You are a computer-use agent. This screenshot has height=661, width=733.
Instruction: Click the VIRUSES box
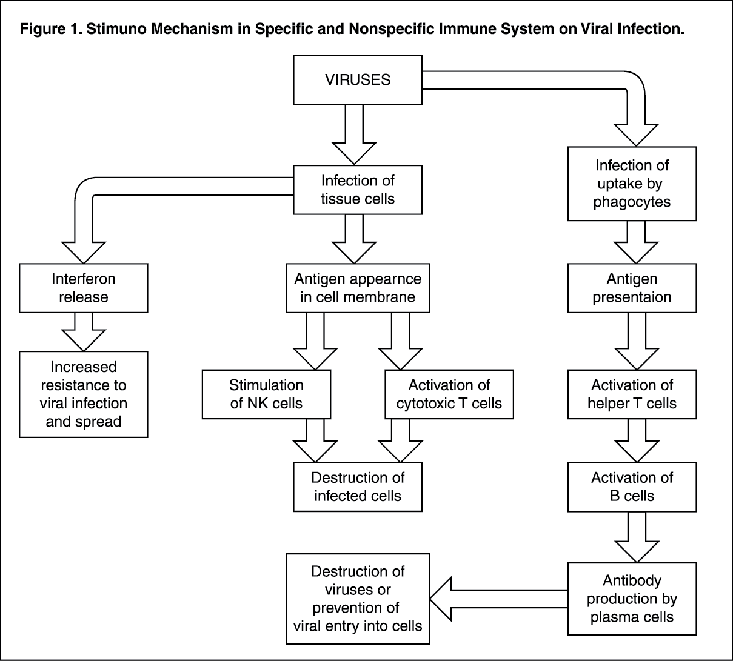click(358, 80)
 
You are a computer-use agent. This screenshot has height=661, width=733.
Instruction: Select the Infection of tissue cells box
click(358, 190)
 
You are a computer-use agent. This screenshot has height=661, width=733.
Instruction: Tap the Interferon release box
click(84, 288)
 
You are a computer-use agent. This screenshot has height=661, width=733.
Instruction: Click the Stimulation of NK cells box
click(266, 394)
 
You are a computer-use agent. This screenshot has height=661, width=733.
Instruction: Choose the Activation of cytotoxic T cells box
click(449, 394)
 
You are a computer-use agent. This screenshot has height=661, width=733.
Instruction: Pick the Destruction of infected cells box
click(358, 487)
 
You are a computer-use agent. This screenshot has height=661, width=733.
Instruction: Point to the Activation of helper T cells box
click(632, 394)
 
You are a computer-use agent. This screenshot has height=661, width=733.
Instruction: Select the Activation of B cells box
click(632, 487)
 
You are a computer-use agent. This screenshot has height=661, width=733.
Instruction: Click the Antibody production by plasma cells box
click(632, 599)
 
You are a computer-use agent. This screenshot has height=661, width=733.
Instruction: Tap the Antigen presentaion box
click(632, 288)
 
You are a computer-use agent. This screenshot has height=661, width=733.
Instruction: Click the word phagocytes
click(632, 202)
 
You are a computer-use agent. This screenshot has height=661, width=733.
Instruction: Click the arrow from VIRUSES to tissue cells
click(354, 135)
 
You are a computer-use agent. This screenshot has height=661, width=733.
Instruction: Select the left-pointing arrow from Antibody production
click(499, 599)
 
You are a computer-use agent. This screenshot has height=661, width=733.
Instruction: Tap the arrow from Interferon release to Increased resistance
click(84, 332)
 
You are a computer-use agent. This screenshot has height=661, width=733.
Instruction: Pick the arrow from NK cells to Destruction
click(315, 441)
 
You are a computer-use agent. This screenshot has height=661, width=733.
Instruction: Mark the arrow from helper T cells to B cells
click(637, 441)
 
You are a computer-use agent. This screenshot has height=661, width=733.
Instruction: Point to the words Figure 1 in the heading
click(50, 29)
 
